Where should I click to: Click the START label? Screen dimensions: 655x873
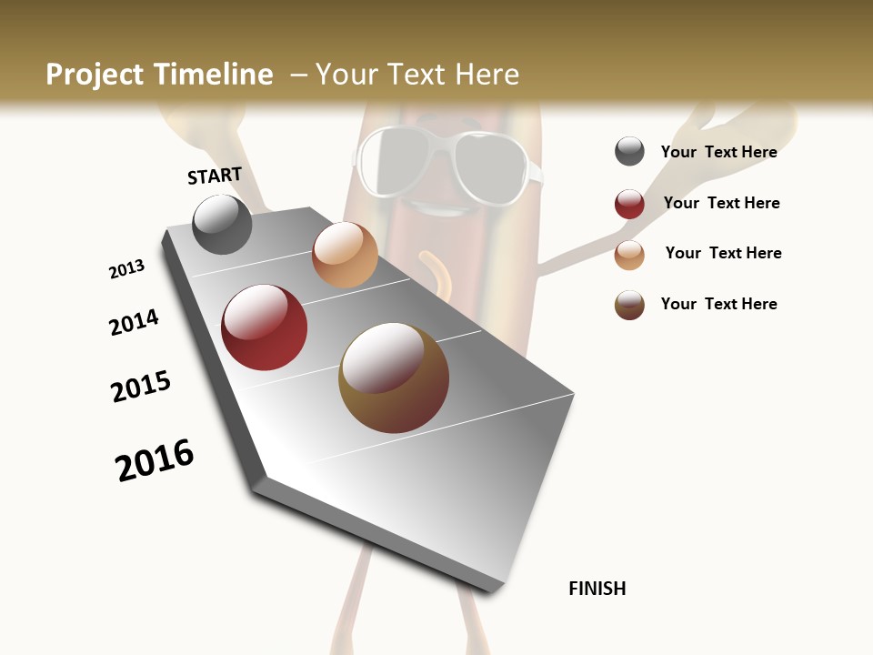click(x=215, y=176)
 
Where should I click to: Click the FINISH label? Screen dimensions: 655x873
click(x=597, y=589)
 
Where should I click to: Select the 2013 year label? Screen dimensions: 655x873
click(x=126, y=269)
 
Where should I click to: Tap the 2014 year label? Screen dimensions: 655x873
click(x=134, y=322)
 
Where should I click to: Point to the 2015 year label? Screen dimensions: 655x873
click(x=141, y=387)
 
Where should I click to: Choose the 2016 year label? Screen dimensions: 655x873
click(x=155, y=460)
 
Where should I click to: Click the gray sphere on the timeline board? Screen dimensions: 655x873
click(x=223, y=224)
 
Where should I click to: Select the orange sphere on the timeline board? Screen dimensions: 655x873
click(x=345, y=255)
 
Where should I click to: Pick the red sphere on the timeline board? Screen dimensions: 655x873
click(x=265, y=327)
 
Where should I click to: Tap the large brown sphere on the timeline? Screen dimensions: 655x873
click(x=394, y=378)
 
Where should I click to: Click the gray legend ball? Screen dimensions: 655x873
click(x=629, y=152)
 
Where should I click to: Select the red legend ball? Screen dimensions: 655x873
click(x=629, y=204)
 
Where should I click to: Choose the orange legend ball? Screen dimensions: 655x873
click(x=629, y=255)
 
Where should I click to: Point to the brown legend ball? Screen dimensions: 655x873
click(x=629, y=305)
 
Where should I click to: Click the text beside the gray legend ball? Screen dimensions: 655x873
click(x=718, y=152)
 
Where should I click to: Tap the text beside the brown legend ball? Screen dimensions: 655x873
click(x=718, y=304)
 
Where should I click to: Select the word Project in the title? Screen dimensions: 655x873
click(x=95, y=75)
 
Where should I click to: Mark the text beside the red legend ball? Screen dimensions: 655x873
click(x=721, y=203)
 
